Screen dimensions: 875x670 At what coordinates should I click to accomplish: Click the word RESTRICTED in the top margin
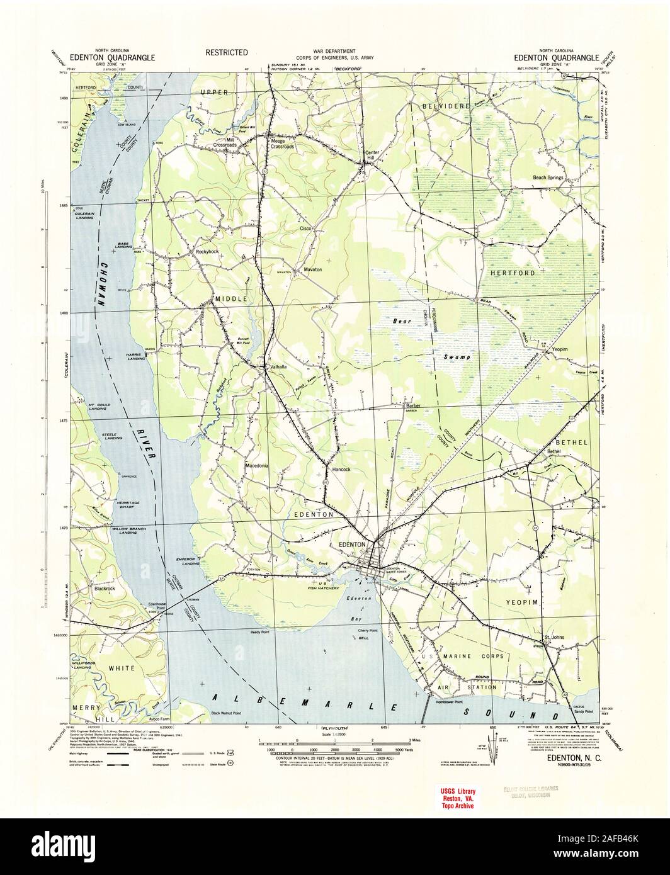(226, 52)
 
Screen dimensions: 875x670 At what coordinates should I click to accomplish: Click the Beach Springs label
(548, 178)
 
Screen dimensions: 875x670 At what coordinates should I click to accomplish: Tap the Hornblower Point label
(449, 703)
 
